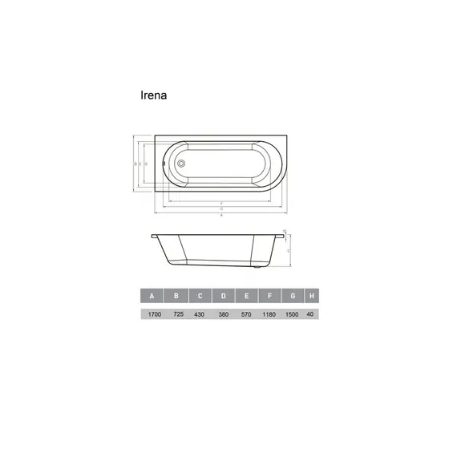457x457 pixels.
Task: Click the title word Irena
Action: pos(153,94)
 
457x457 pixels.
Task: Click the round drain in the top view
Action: pos(182,163)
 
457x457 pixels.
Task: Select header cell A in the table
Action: pos(152,297)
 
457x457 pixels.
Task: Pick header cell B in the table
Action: pos(176,297)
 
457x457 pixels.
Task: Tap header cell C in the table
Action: pos(200,297)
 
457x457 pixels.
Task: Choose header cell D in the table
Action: pos(224,297)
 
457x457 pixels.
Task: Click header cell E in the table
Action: pos(247,297)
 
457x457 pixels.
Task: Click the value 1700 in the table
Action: pos(152,315)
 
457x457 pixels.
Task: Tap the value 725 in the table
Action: pos(176,315)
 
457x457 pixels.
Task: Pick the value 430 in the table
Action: pos(200,315)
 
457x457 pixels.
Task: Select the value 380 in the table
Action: pos(224,315)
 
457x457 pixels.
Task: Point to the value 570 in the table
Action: pos(247,315)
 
